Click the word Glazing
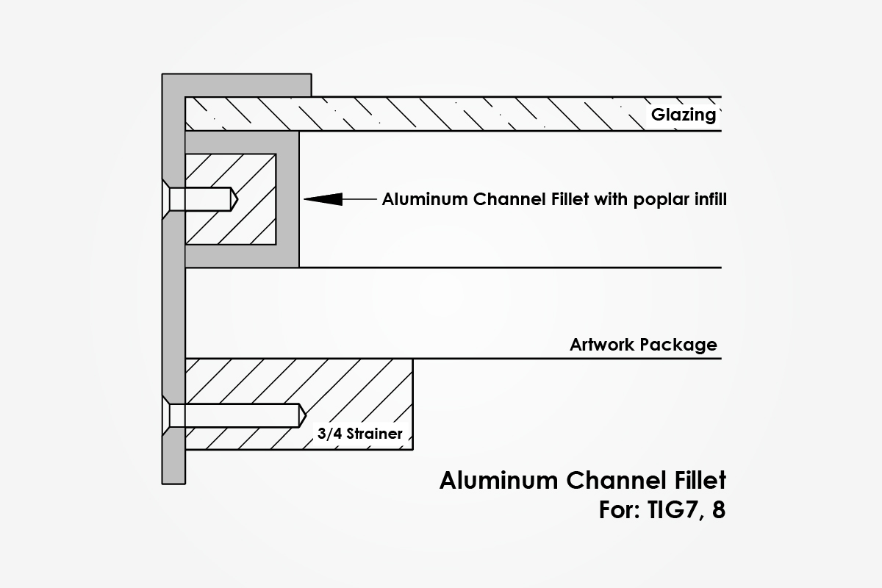(x=683, y=115)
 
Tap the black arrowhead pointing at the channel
(x=323, y=198)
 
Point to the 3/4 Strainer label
(x=359, y=434)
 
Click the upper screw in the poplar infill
(x=202, y=198)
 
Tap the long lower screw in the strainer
(x=235, y=415)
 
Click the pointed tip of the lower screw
(x=302, y=415)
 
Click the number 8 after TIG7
(x=718, y=510)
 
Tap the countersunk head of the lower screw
(x=174, y=415)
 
